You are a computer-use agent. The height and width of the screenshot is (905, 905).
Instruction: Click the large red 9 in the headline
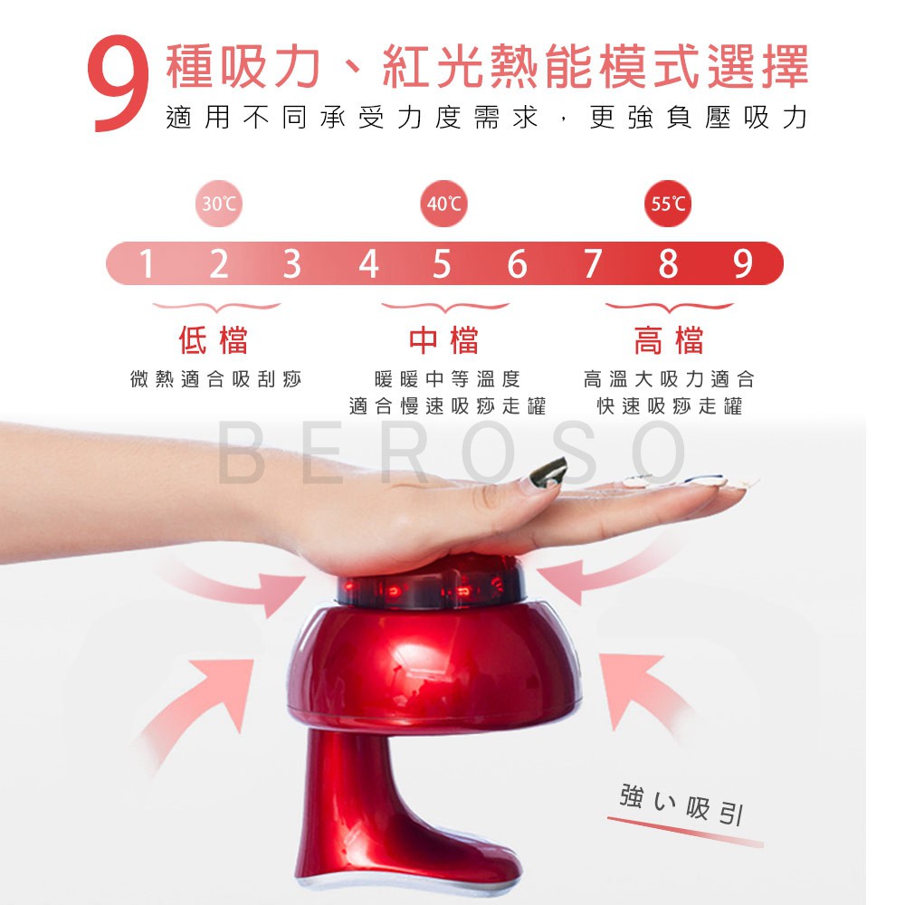point(119,83)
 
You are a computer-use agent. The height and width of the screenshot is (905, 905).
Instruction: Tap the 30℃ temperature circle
point(219,204)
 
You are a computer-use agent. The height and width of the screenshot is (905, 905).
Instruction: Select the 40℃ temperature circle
point(443,204)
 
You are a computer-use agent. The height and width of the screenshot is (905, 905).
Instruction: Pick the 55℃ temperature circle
point(668,204)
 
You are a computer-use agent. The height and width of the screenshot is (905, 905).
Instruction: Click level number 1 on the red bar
point(146,263)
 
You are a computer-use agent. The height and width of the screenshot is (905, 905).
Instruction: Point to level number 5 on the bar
point(442,263)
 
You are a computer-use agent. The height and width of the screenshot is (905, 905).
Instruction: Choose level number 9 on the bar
point(743,263)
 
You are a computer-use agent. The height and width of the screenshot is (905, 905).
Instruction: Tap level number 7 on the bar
point(593,263)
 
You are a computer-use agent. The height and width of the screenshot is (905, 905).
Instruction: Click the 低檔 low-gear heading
point(214,339)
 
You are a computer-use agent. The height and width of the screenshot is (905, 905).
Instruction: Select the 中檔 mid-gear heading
point(443,339)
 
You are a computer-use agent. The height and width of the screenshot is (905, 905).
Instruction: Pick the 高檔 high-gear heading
point(669,339)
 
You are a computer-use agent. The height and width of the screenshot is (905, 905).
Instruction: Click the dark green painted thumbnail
point(547,472)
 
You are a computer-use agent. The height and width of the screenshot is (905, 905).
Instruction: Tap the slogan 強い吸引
point(681,803)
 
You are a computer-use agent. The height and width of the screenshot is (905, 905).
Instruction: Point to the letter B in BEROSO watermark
point(240,452)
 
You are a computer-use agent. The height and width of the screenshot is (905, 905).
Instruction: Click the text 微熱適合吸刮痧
point(216,379)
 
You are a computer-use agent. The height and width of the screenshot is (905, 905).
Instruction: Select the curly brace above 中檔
point(445,307)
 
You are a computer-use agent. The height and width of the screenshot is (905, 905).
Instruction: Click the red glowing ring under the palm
point(431,589)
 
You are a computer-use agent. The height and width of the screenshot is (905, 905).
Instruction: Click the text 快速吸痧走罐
point(669,406)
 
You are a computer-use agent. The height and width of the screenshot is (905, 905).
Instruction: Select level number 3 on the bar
point(292,263)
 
